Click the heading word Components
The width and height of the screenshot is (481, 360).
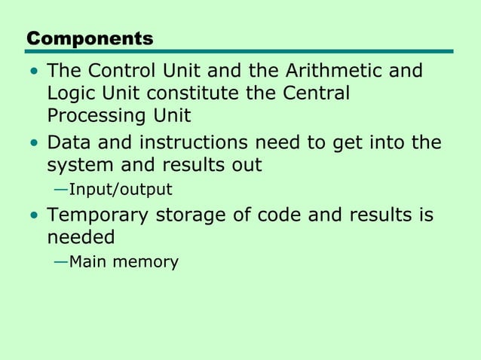90,38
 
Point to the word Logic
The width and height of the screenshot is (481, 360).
69,95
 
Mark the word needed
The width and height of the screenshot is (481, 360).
81,237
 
